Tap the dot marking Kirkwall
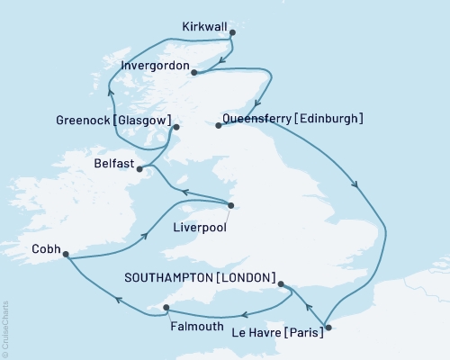[232, 33]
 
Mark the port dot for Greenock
[176, 127]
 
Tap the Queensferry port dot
[219, 126]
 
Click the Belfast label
[112, 165]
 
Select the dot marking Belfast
[139, 167]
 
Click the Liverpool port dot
[230, 206]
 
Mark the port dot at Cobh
[67, 256]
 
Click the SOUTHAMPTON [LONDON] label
[204, 278]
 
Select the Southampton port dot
[282, 285]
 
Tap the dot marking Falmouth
[166, 309]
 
